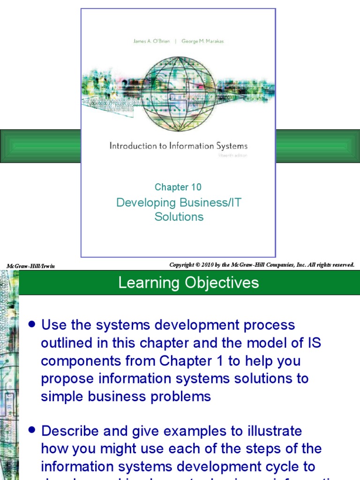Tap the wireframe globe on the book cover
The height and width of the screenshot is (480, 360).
coord(178,94)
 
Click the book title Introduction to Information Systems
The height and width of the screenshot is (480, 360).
coord(178,146)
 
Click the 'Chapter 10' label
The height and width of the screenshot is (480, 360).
coord(178,187)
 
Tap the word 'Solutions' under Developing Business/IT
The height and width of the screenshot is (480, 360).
coord(179,217)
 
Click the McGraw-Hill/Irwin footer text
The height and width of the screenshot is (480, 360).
coord(31,266)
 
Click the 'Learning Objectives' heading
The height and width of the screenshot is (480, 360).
coord(188,283)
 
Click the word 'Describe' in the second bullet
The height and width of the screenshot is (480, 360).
coord(71,431)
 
